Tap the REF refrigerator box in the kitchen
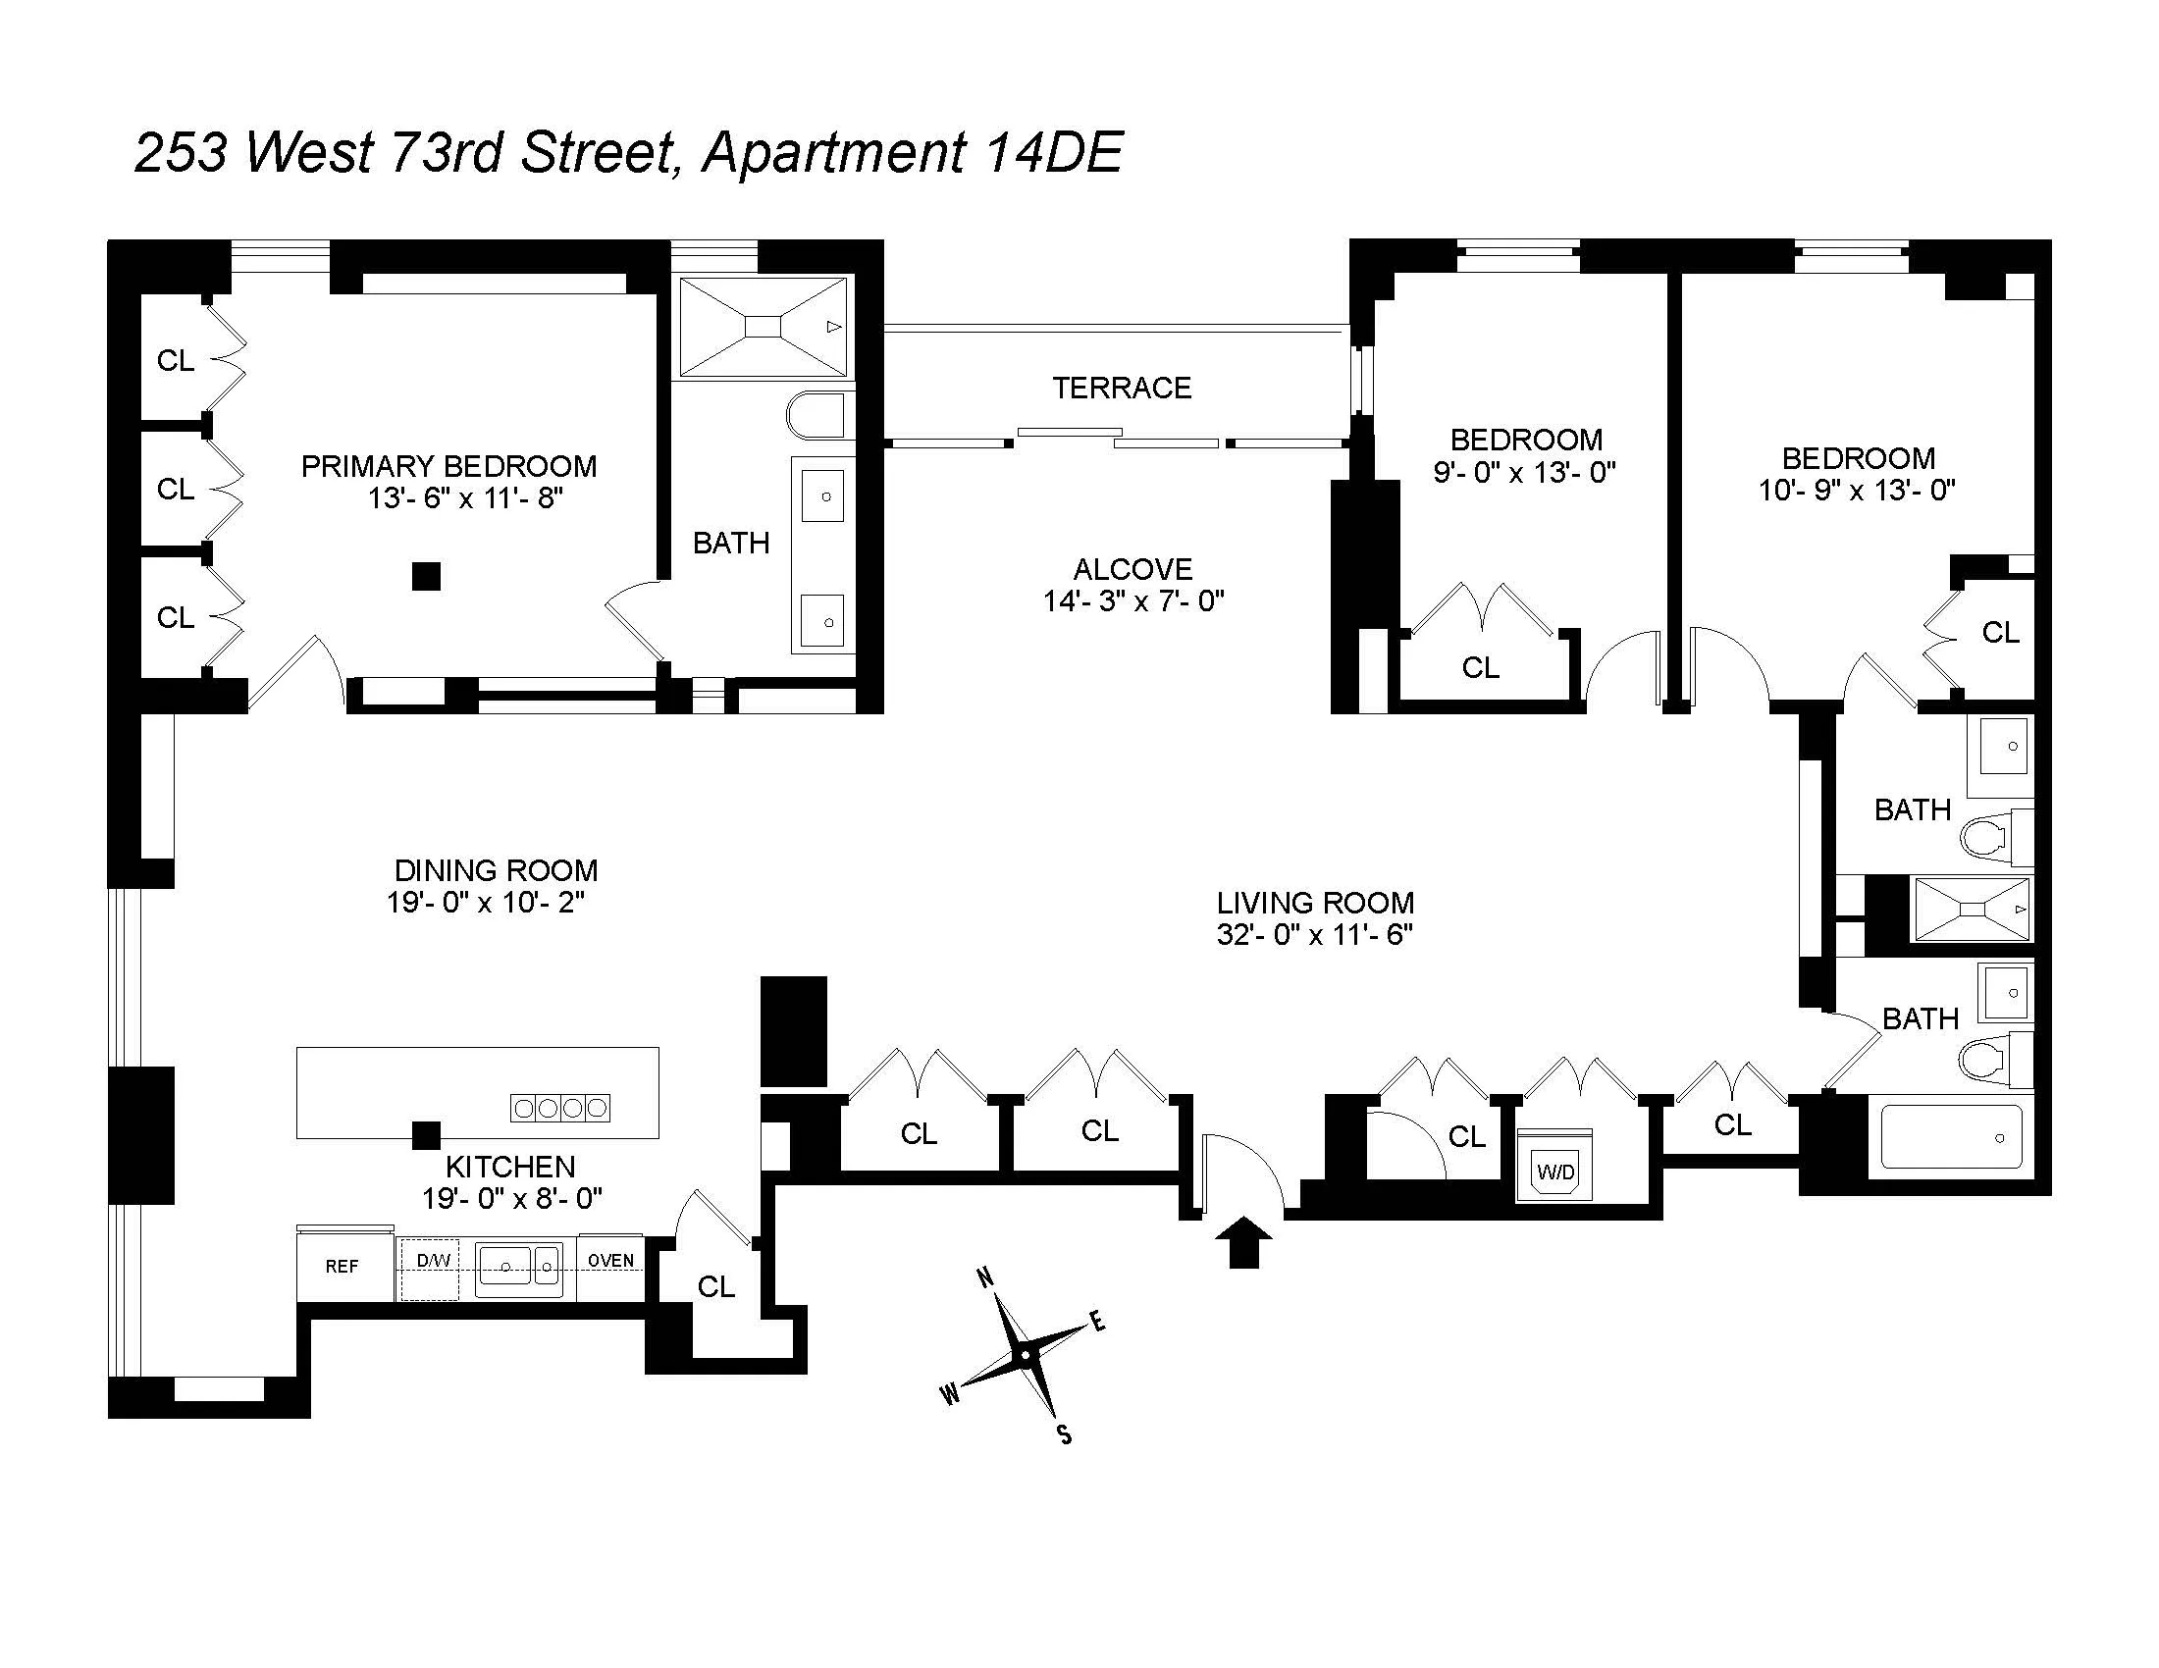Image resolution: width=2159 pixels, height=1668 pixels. pyautogui.click(x=342, y=1266)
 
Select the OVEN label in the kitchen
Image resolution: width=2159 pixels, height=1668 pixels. pyautogui.click(x=611, y=1260)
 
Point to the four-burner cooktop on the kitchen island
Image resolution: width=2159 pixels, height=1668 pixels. pyautogui.click(x=559, y=1108)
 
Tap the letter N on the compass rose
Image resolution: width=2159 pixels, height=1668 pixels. pyautogui.click(x=985, y=1277)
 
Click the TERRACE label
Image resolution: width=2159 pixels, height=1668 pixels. pyautogui.click(x=1121, y=388)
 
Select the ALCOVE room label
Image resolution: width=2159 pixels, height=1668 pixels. pyautogui.click(x=1132, y=569)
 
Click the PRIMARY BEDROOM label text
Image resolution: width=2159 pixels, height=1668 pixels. pyautogui.click(x=448, y=465)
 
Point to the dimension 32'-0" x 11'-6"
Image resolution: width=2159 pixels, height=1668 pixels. pyautogui.click(x=1315, y=934)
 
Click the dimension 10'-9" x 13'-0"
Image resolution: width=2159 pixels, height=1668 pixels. pyautogui.click(x=1857, y=490)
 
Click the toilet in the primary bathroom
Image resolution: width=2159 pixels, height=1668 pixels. pyautogui.click(x=817, y=416)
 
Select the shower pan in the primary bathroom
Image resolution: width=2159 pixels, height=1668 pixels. pyautogui.click(x=764, y=327)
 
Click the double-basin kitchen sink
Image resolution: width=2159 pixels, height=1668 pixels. pyautogui.click(x=519, y=1267)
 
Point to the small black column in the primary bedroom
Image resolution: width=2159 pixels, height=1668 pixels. pyautogui.click(x=426, y=576)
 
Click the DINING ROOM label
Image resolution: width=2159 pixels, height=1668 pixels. pyautogui.click(x=497, y=869)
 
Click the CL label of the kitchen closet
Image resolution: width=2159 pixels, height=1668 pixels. pyautogui.click(x=715, y=1285)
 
